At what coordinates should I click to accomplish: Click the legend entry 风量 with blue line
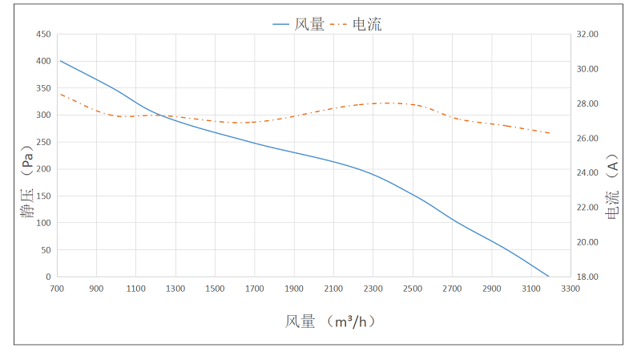pyautogui.click(x=298, y=24)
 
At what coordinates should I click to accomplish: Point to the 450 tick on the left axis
pyautogui.click(x=43, y=34)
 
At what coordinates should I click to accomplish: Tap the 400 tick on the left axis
pyautogui.click(x=43, y=61)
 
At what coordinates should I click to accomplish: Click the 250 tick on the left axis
pyautogui.click(x=43, y=142)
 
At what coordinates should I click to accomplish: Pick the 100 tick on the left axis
pyautogui.click(x=43, y=223)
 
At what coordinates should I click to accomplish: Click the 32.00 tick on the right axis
pyautogui.click(x=587, y=34)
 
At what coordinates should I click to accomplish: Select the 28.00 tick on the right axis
pyautogui.click(x=587, y=103)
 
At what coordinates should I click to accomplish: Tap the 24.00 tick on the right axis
pyautogui.click(x=587, y=172)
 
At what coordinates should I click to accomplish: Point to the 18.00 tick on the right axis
pyautogui.click(x=587, y=277)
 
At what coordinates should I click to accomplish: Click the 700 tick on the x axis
pyautogui.click(x=57, y=289)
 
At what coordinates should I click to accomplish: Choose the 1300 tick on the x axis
pyautogui.click(x=175, y=289)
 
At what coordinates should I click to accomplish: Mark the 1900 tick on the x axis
pyautogui.click(x=294, y=289)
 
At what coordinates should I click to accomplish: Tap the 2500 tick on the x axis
pyautogui.click(x=413, y=289)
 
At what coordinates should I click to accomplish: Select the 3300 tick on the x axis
pyautogui.click(x=570, y=289)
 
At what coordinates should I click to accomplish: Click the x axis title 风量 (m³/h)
pyautogui.click(x=331, y=322)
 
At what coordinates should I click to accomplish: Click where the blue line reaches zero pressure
pyautogui.click(x=549, y=277)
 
